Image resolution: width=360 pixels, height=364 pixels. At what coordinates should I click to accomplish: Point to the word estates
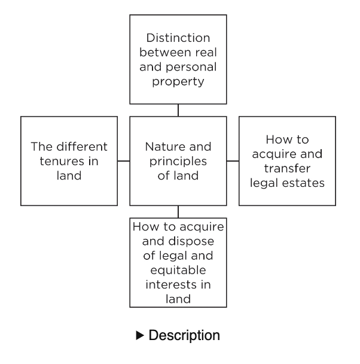(304, 183)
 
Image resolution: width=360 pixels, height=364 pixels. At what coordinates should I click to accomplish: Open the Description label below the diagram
(185, 336)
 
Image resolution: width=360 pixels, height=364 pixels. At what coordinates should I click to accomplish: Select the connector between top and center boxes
(178, 110)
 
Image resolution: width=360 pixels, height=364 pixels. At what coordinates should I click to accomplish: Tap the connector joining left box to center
(123, 161)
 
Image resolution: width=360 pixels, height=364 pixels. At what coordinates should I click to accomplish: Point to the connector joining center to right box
(233, 161)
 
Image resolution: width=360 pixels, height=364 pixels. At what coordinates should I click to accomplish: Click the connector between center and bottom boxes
(178, 212)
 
